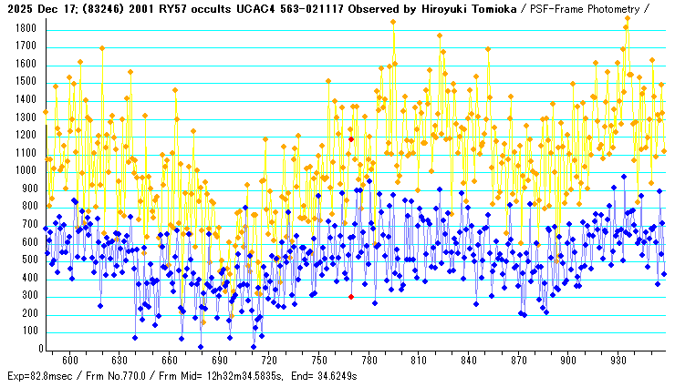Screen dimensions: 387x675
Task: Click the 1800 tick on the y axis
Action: tap(24, 28)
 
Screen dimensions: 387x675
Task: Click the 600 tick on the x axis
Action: tap(69, 361)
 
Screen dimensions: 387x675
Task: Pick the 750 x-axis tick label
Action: tap(318, 361)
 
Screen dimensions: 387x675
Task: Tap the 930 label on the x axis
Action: tap(618, 361)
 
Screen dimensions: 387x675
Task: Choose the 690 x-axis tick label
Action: tap(219, 361)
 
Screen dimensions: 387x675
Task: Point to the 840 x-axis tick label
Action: tap(468, 361)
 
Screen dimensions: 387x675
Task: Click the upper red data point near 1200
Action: tap(350, 139)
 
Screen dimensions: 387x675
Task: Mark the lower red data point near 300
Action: tap(350, 296)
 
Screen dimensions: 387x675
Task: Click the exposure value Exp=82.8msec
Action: tap(39, 376)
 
